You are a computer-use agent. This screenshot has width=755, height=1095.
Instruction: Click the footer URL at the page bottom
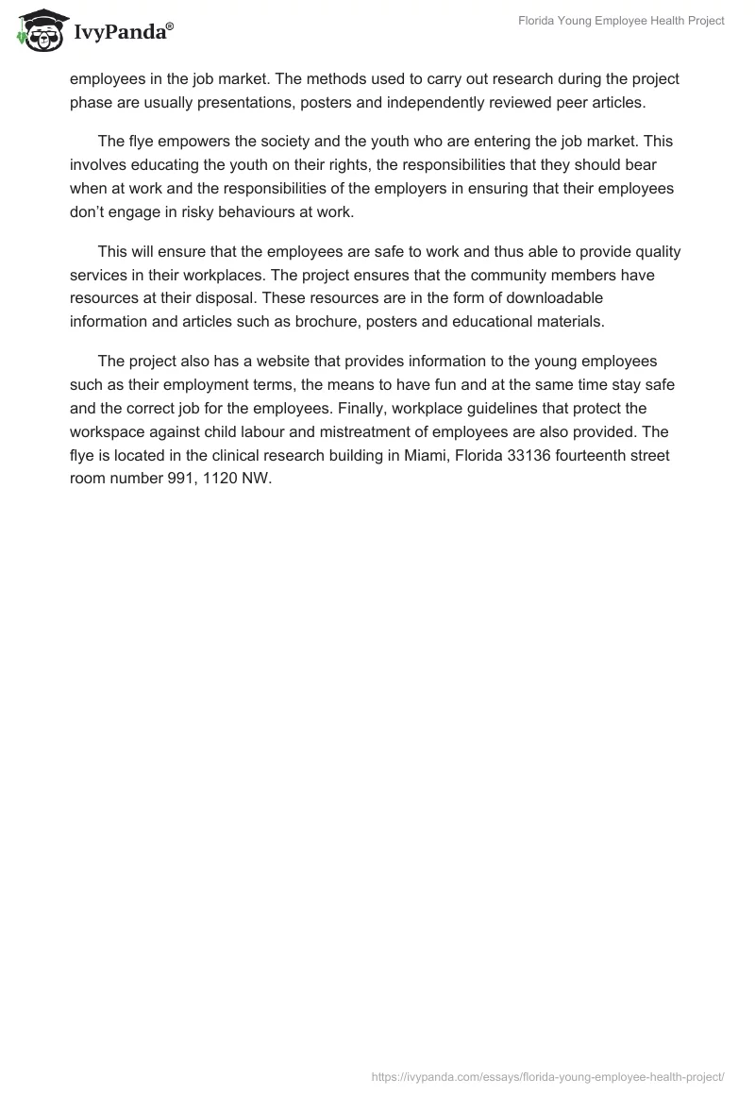point(548,1076)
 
